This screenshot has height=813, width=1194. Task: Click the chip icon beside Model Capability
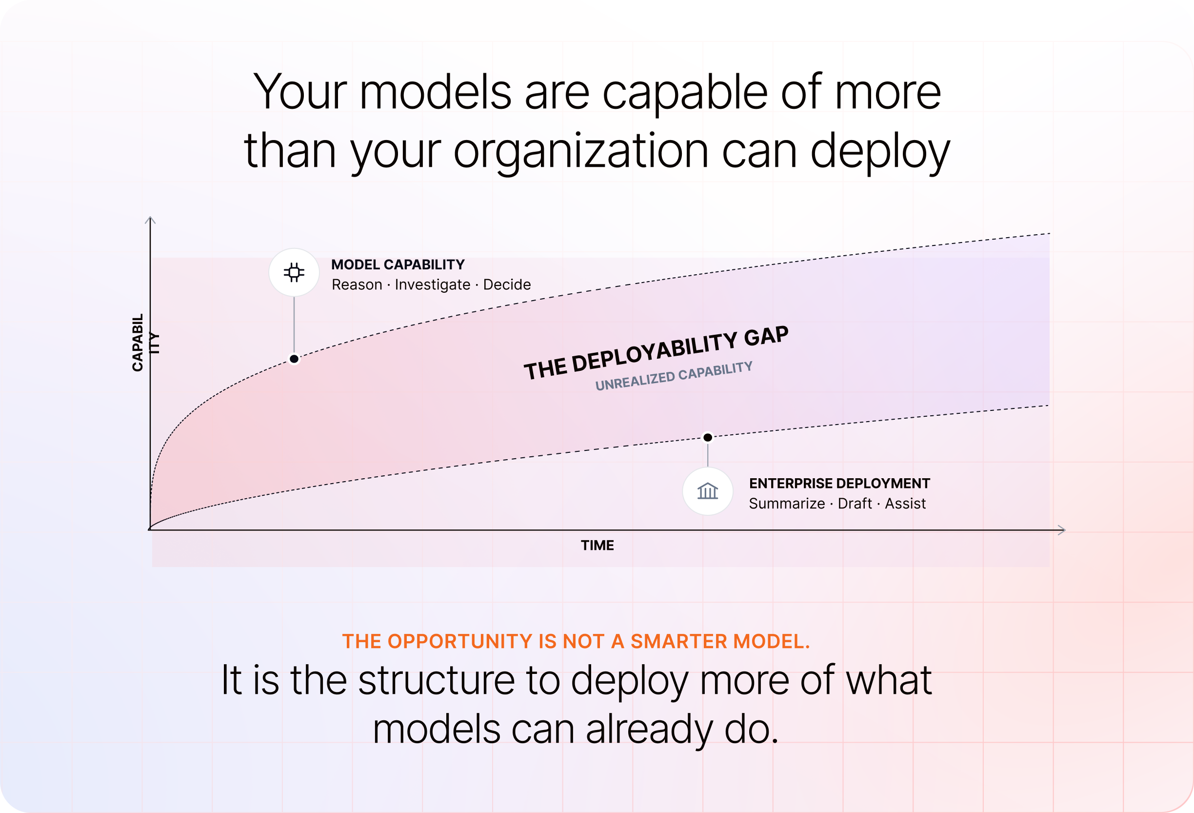click(294, 272)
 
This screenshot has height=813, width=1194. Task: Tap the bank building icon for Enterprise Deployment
click(707, 491)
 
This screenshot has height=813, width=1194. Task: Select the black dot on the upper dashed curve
click(294, 359)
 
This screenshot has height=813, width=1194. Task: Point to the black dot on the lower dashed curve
click(707, 437)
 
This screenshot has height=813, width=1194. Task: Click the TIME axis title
click(597, 545)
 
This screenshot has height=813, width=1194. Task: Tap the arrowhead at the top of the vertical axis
click(150, 220)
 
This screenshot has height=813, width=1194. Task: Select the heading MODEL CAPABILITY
click(398, 264)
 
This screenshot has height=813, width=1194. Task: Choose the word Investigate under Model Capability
click(432, 285)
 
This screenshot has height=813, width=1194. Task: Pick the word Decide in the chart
click(507, 285)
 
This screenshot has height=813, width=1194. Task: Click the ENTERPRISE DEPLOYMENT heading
click(839, 484)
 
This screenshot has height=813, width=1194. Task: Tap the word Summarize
click(787, 504)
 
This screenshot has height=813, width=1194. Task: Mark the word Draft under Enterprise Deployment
click(855, 504)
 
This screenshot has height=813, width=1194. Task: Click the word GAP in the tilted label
click(766, 336)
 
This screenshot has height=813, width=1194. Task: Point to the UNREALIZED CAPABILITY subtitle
click(674, 376)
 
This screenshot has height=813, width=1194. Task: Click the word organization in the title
click(581, 151)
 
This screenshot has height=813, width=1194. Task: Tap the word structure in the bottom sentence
click(436, 680)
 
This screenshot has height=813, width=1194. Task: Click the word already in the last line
click(649, 730)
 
